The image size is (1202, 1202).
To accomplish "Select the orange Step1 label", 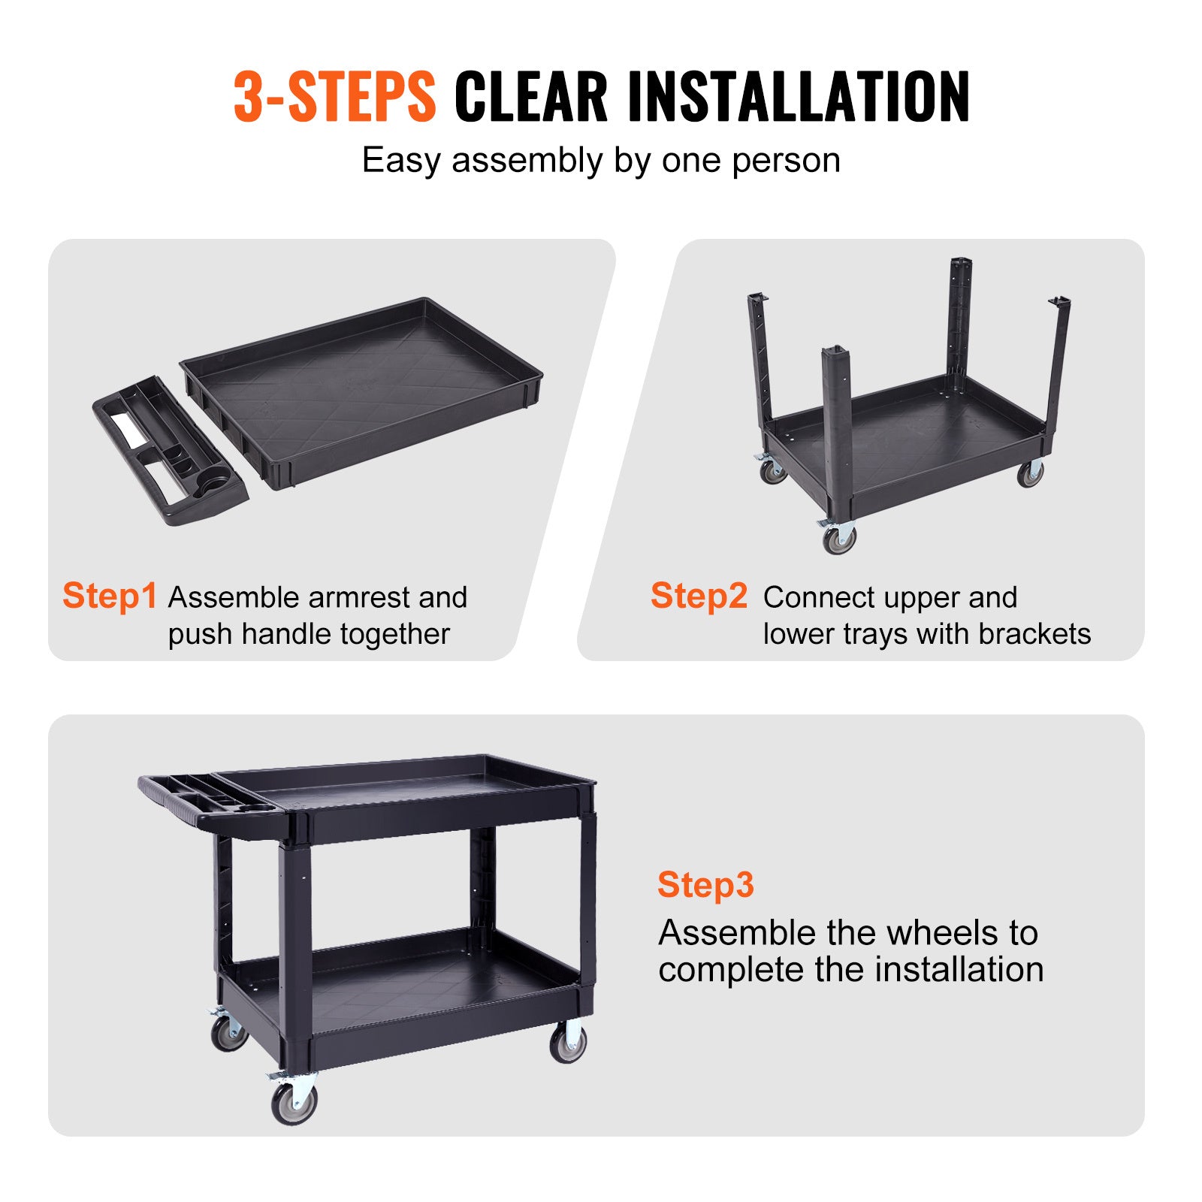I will click(110, 596).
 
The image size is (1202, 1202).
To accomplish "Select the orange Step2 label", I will click(699, 596).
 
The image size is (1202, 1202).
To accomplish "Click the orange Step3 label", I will click(705, 884).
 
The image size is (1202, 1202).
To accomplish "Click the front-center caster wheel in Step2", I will click(838, 538).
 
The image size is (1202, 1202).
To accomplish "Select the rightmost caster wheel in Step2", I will click(1030, 473).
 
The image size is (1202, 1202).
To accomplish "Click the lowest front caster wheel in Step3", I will click(294, 1101).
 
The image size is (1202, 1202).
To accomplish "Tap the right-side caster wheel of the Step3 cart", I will click(568, 1043).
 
